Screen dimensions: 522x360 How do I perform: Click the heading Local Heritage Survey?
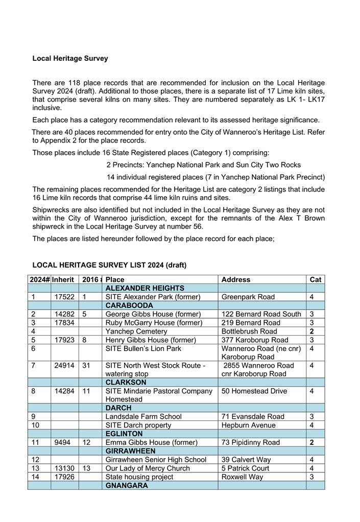(70, 59)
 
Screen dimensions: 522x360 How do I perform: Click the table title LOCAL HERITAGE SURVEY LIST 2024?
(109, 265)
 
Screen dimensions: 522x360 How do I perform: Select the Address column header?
(236, 280)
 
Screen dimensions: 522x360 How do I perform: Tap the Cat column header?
(316, 280)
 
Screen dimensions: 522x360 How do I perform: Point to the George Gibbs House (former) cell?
(153, 314)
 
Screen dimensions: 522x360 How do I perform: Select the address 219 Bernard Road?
(251, 323)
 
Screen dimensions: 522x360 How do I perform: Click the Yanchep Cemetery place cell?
(137, 331)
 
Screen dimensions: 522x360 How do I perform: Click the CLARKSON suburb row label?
(126, 383)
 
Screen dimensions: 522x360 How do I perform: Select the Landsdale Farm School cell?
(143, 417)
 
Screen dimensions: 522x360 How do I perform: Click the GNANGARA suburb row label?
(127, 486)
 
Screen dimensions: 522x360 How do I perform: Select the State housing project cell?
(139, 477)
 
